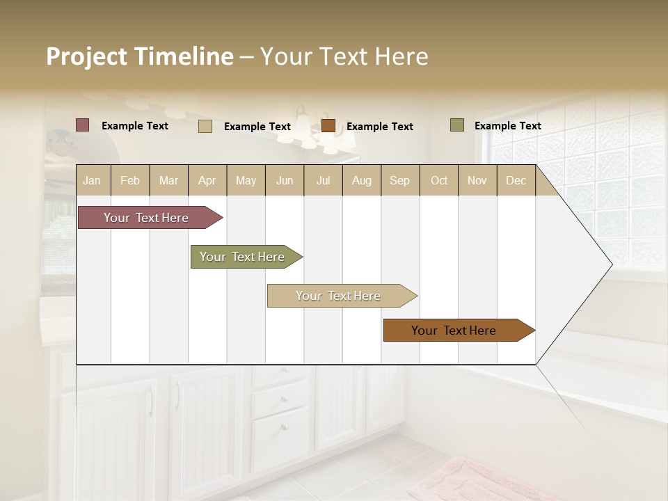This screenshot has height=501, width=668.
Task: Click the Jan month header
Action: click(93, 180)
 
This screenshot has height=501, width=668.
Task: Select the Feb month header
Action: click(130, 180)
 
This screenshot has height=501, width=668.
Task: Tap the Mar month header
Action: click(168, 180)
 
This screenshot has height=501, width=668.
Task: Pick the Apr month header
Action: click(207, 180)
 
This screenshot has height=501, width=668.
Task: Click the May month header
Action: click(246, 180)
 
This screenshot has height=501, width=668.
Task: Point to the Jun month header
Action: click(285, 180)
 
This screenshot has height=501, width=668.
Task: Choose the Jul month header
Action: click(323, 180)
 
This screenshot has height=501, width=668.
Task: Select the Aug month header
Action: click(361, 180)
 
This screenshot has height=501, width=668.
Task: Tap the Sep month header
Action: click(399, 180)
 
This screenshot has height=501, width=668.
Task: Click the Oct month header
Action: click(439, 180)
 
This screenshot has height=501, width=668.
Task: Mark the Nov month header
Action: click(477, 180)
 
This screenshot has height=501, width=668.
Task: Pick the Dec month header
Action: click(516, 180)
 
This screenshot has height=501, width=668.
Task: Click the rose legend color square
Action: click(83, 125)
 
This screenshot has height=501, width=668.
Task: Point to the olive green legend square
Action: click(456, 125)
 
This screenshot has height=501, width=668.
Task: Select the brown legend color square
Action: click(328, 126)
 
